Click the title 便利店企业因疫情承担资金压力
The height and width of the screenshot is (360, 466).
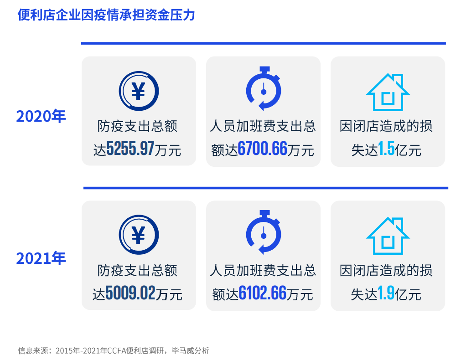[106, 15]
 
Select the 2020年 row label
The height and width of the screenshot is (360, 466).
[41, 116]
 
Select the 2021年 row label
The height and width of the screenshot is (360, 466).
[41, 258]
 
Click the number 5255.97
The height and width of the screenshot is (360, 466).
[130, 149]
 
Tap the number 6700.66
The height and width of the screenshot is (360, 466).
[262, 149]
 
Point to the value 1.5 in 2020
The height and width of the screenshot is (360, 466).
[386, 149]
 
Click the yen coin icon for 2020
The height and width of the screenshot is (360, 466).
[139, 90]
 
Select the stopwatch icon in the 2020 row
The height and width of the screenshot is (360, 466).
[263, 89]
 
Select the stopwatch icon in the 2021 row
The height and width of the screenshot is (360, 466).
[263, 233]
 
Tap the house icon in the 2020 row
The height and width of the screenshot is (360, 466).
[388, 92]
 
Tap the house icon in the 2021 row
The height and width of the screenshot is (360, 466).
[388, 236]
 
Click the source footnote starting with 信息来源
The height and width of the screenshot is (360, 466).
[114, 350]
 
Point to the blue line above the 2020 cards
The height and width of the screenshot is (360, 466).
[263, 43]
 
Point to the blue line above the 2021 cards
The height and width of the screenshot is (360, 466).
[265, 188]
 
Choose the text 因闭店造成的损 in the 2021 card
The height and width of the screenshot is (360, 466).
[386, 271]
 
